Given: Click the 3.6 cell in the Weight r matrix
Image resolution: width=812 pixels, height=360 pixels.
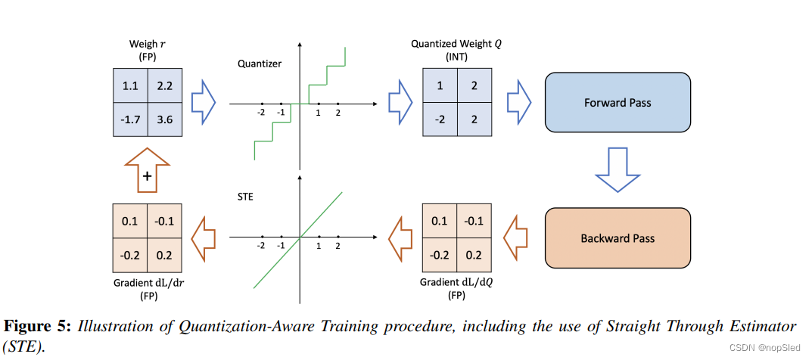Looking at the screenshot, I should [164, 119].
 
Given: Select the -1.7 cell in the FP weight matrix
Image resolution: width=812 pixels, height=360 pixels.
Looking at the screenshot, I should [129, 119].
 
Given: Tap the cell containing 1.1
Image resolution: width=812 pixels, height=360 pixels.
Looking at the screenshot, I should [129, 85].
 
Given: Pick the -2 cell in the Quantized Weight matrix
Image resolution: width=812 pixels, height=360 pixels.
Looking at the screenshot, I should [439, 119].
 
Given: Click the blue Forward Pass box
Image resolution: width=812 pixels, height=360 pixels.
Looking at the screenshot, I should [618, 103].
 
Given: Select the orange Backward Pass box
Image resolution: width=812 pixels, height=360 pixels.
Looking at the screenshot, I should [618, 238].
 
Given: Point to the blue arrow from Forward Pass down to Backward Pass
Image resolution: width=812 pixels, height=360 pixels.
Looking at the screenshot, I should [618, 170].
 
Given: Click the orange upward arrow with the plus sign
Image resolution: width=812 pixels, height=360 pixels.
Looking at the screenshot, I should [147, 170].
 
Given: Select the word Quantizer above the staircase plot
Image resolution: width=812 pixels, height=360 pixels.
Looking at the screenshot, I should [260, 64].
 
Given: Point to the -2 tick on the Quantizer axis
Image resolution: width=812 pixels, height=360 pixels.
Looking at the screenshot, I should [261, 104].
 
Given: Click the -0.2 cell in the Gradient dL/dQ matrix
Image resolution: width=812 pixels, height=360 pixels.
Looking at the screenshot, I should [439, 255].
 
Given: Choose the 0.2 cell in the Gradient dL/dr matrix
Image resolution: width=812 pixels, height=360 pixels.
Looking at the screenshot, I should [164, 255].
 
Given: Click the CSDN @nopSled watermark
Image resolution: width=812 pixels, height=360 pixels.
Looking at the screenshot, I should [766, 347].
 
